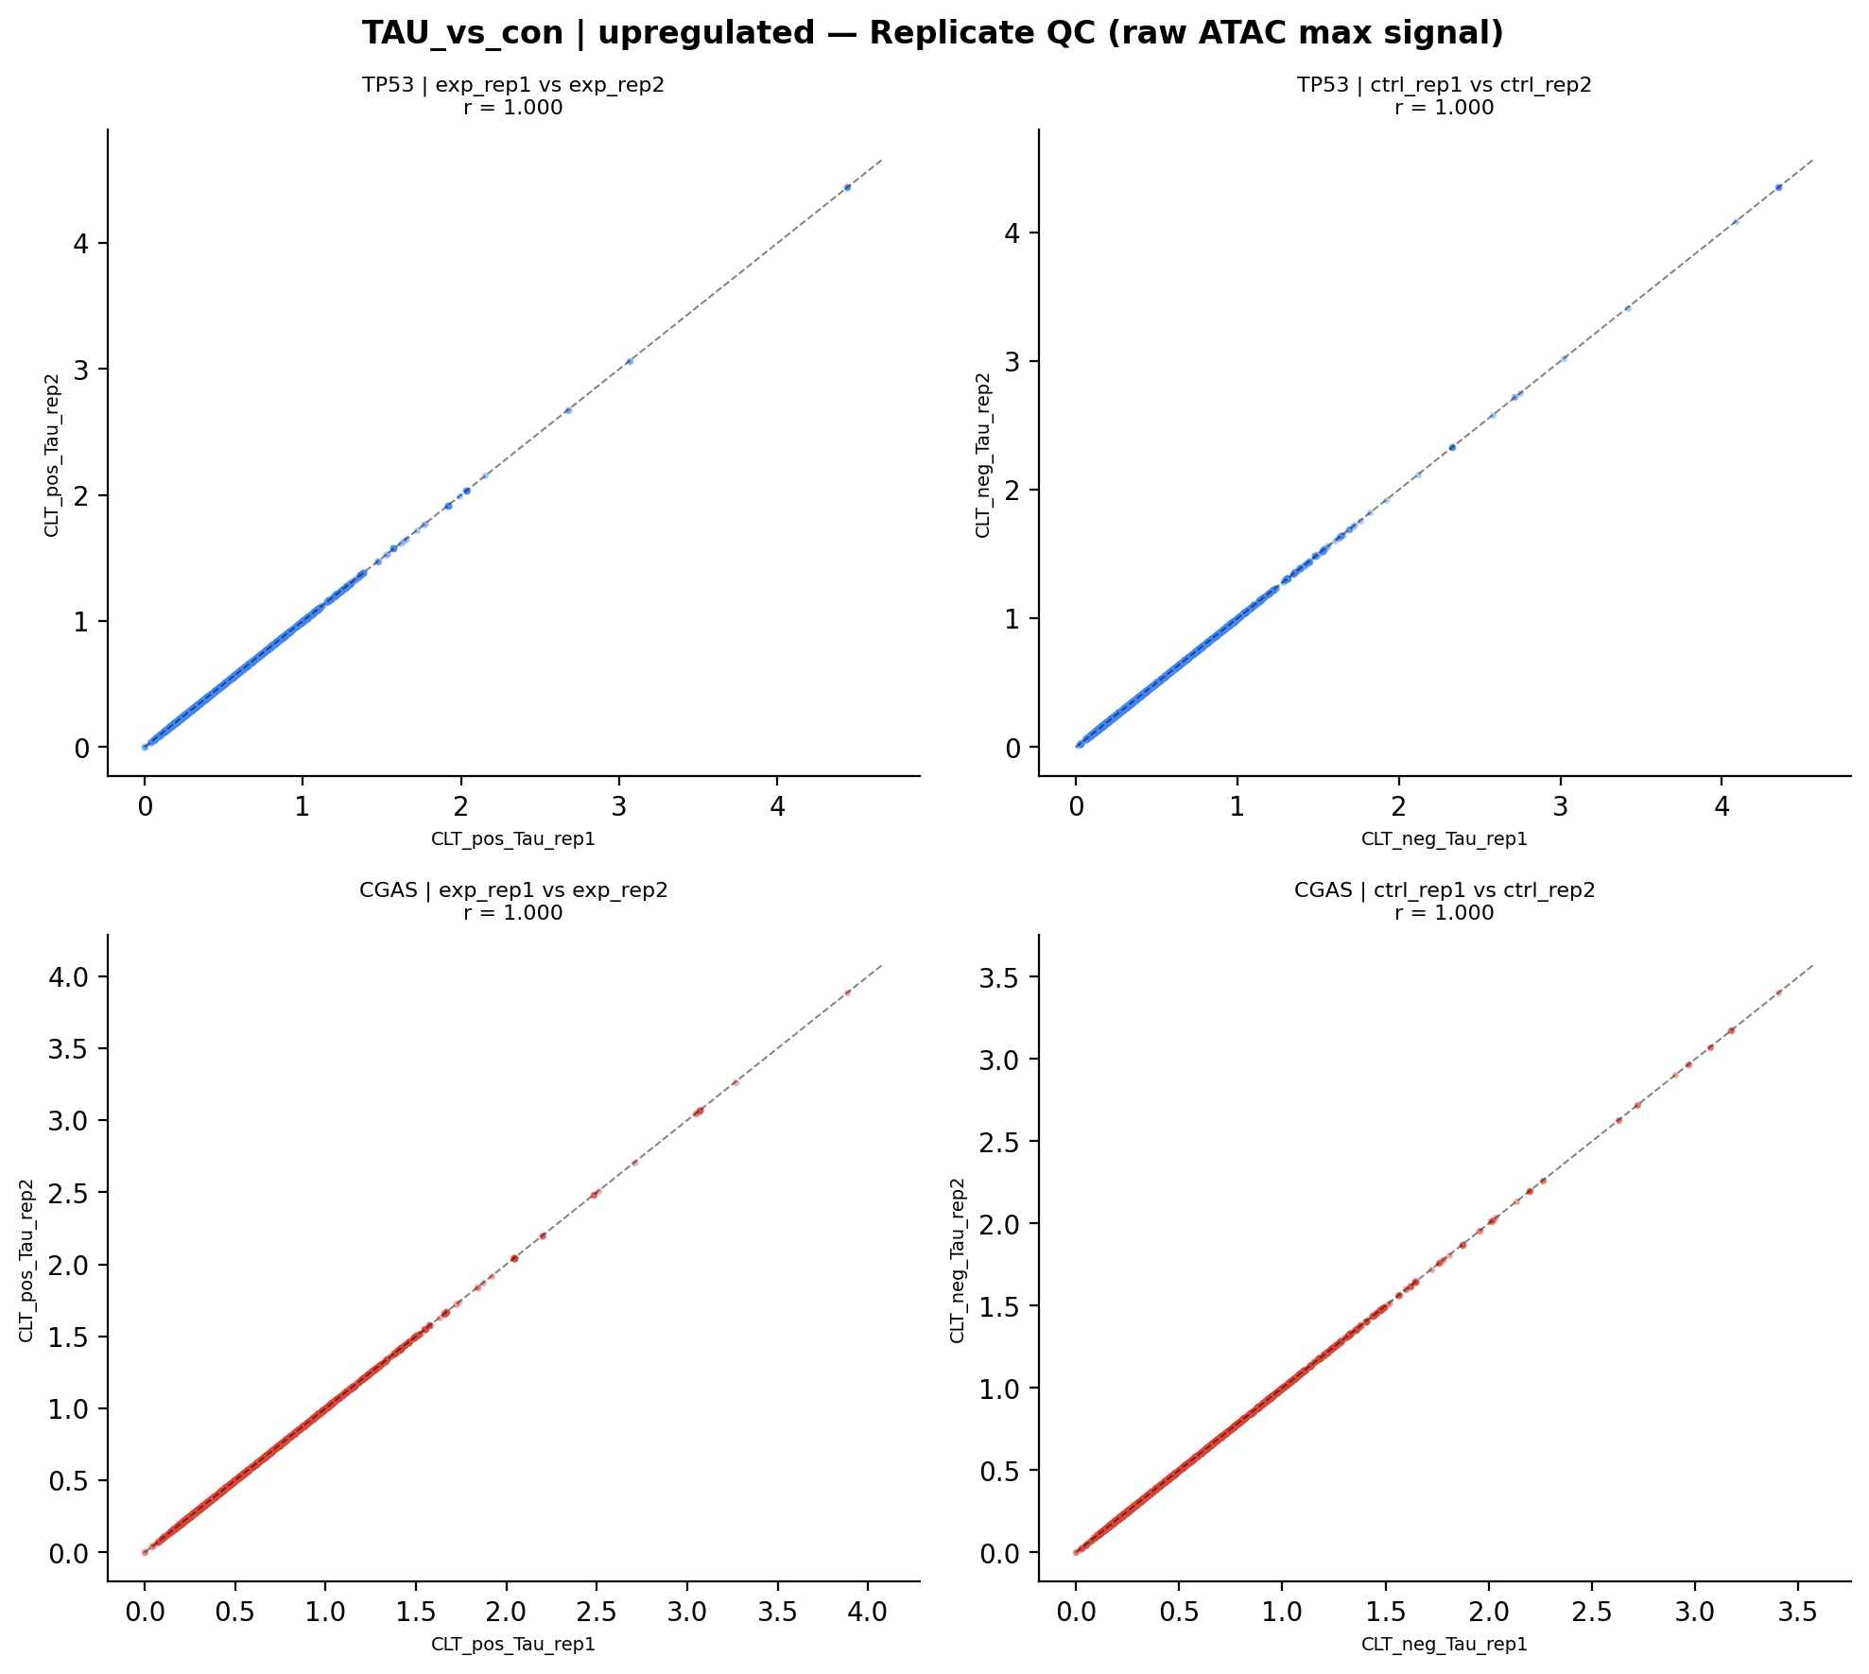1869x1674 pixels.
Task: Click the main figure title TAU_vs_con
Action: click(932, 34)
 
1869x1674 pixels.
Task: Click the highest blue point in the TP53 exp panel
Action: click(847, 187)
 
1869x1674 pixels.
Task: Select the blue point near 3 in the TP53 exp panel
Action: click(629, 361)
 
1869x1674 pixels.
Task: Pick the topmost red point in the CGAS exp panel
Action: click(848, 992)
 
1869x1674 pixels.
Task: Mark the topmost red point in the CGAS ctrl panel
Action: click(1778, 992)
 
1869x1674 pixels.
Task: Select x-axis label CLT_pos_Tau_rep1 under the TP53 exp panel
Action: click(513, 839)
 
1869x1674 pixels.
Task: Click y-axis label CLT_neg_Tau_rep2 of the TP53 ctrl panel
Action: click(983, 455)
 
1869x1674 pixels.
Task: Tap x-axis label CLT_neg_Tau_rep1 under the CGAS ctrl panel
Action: click(1444, 1644)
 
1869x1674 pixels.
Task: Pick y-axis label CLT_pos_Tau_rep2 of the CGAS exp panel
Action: click(26, 1260)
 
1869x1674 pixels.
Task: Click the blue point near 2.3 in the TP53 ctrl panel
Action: click(1452, 447)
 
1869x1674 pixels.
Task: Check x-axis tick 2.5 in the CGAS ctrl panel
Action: click(1592, 1613)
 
